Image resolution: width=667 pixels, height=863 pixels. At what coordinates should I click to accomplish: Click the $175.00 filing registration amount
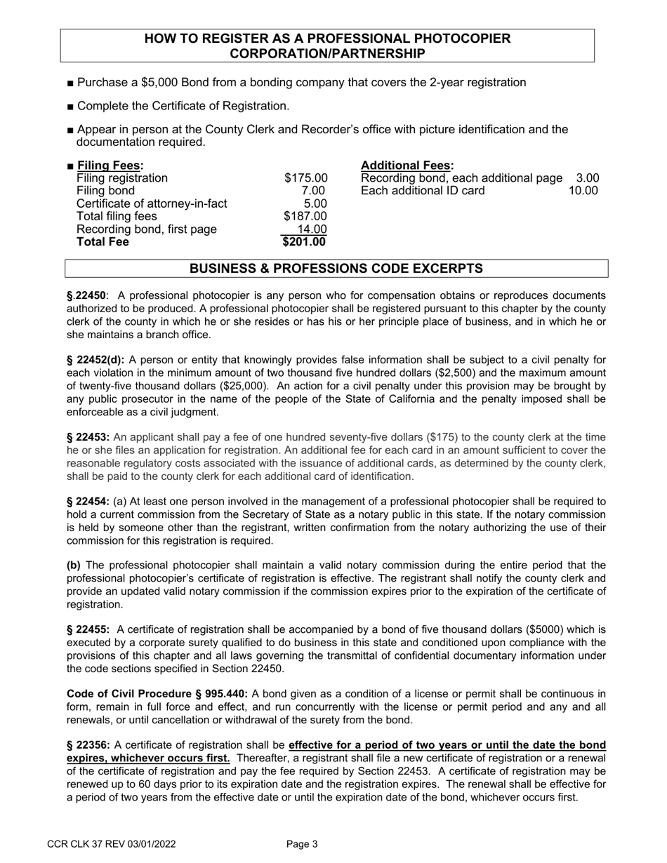(x=305, y=178)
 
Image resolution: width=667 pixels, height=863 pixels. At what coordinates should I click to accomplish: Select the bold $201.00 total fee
(x=305, y=242)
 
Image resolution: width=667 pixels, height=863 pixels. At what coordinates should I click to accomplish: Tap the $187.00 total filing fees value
(x=305, y=216)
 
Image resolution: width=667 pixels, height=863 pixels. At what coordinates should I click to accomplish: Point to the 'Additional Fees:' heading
(x=407, y=166)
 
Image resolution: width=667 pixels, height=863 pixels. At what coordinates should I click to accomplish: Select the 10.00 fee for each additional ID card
(x=583, y=191)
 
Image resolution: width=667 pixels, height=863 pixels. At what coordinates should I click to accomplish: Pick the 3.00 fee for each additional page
(x=587, y=178)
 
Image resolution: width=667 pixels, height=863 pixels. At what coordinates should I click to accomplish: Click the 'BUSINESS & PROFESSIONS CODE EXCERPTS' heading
(x=336, y=269)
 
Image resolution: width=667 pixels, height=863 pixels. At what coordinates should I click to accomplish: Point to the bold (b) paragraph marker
(x=74, y=566)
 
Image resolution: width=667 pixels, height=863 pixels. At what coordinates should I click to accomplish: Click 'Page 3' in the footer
(x=303, y=845)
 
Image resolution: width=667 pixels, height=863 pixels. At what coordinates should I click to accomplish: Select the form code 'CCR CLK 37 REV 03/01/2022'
(x=111, y=845)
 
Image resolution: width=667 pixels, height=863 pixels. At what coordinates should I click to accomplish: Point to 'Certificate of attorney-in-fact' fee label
(x=152, y=203)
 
